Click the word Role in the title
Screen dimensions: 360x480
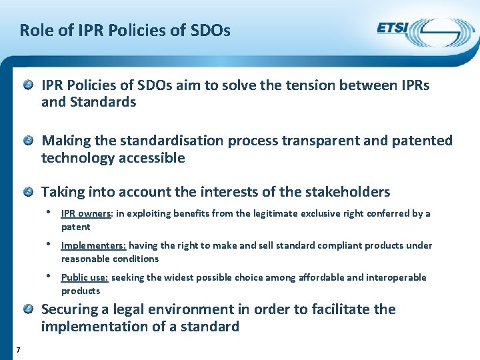click(x=35, y=31)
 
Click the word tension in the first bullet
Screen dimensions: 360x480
click(x=307, y=85)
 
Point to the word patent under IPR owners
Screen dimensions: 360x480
click(x=75, y=227)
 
